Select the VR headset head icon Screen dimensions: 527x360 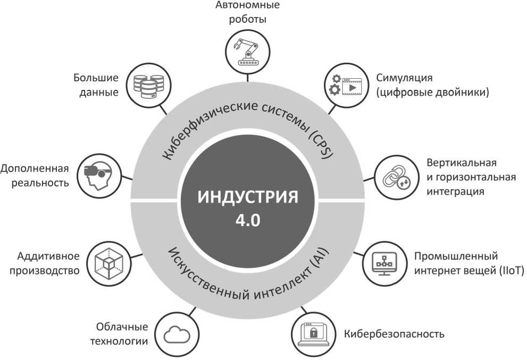[99, 175]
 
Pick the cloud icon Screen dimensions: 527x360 [177, 334]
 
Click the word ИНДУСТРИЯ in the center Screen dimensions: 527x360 [248, 197]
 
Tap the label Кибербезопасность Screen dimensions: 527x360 [394, 334]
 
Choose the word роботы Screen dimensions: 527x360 [248, 20]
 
